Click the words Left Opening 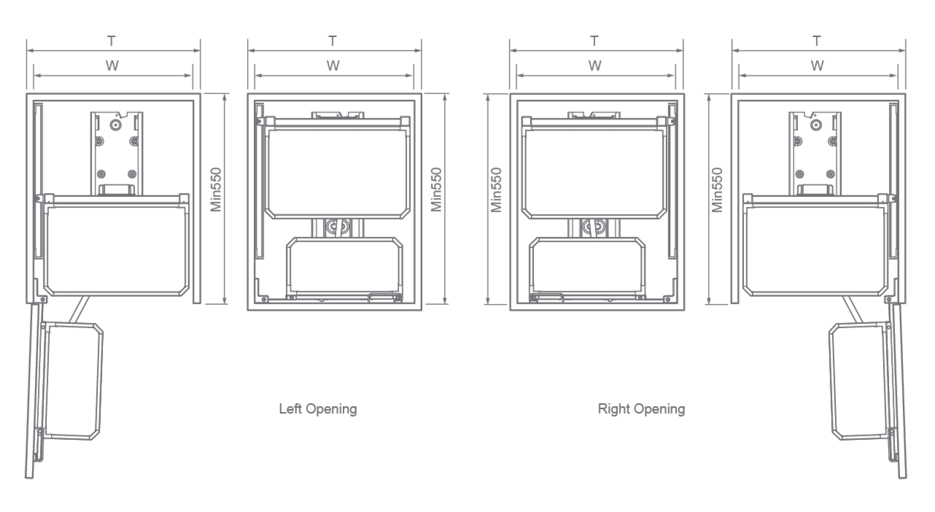pos(318,409)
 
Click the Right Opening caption pos(641,409)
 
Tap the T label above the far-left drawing pos(112,41)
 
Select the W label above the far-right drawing pos(817,66)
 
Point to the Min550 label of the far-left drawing pos(216,190)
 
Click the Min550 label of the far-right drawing pos(717,190)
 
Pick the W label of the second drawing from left pos(333,66)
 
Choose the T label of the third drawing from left pos(594,41)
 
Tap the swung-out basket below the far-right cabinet pos(859,381)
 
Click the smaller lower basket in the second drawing pos(344,267)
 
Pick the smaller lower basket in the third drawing pos(587,267)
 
